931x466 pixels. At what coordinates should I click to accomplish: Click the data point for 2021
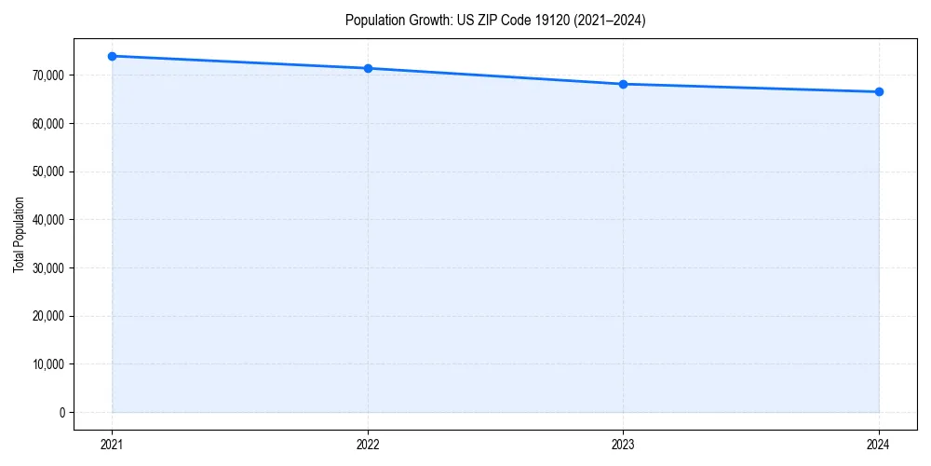point(112,56)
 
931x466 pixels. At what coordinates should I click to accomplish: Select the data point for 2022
point(368,68)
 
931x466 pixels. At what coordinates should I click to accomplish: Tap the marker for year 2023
point(623,84)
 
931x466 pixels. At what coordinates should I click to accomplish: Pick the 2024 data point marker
point(879,91)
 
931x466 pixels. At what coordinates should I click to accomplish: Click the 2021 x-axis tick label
point(112,445)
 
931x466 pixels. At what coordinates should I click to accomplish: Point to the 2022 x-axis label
point(368,445)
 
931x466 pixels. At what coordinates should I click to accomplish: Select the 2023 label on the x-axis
point(623,445)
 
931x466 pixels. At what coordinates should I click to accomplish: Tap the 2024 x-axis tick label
point(879,445)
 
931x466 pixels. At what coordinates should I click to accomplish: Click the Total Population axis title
point(19,235)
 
